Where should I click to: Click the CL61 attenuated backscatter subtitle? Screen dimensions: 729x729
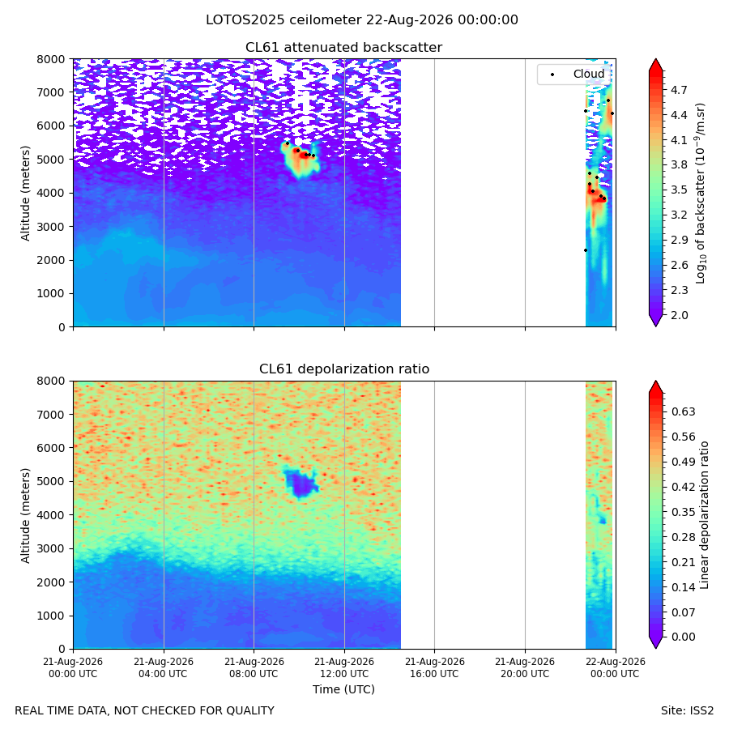tap(343, 48)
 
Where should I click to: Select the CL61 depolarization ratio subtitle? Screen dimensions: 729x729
tap(344, 369)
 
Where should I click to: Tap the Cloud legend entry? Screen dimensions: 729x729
tap(589, 74)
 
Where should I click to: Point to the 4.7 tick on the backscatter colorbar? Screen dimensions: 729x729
tap(679, 90)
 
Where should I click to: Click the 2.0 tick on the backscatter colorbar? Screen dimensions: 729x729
tap(679, 315)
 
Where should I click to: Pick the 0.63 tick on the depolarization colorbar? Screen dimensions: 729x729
tap(684, 412)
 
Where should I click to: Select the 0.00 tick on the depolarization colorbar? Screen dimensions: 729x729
tap(684, 637)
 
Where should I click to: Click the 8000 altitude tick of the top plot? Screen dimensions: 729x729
tap(51, 59)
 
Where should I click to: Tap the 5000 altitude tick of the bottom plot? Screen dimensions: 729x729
tap(51, 481)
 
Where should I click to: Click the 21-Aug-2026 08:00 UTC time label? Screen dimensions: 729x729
tap(254, 667)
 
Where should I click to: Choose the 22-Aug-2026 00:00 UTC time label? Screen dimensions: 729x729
tap(615, 667)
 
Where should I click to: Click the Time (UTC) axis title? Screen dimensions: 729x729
tap(343, 689)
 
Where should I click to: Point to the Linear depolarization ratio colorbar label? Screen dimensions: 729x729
tap(704, 515)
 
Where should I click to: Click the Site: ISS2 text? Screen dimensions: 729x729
tap(687, 711)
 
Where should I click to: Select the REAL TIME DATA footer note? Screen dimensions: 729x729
tap(145, 711)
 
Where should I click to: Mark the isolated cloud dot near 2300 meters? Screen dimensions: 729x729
tap(586, 250)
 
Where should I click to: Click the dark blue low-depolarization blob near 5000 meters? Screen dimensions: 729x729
tap(301, 484)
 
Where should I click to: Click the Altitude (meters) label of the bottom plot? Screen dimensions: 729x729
tap(25, 516)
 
